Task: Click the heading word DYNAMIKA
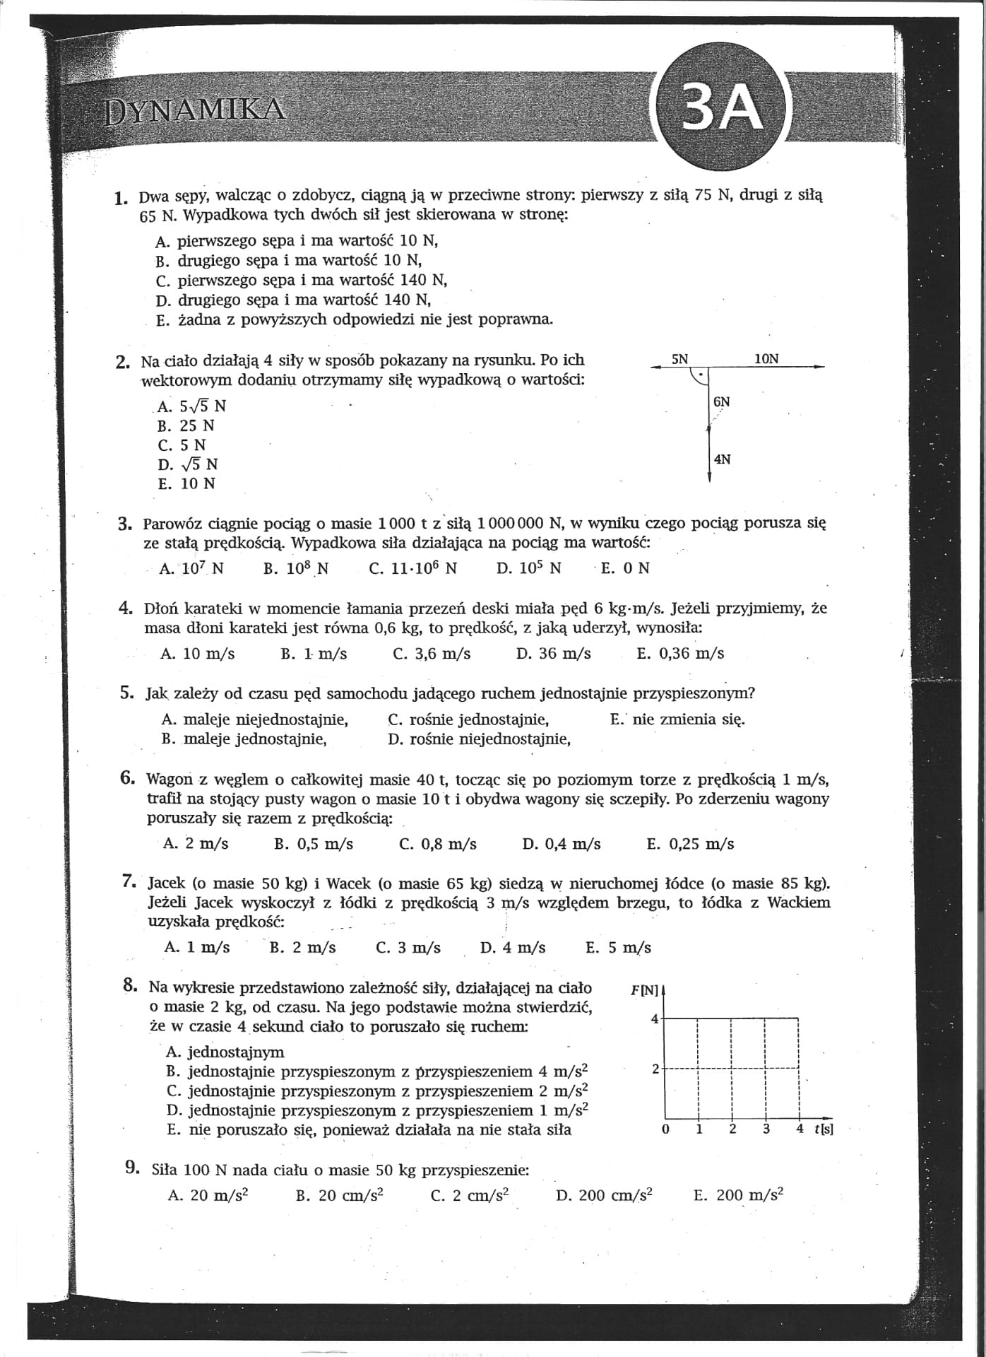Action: [x=195, y=111]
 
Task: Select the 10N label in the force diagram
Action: [x=766, y=359]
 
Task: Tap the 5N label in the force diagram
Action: [x=679, y=359]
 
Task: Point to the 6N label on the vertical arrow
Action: [x=722, y=402]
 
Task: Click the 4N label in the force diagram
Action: [x=723, y=459]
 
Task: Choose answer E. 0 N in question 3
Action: [x=625, y=568]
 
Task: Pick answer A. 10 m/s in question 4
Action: [x=198, y=654]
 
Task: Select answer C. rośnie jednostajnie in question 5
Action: [x=469, y=720]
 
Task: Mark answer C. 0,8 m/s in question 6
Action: [x=438, y=844]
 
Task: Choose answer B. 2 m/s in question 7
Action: [x=303, y=948]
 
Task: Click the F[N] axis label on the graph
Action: [x=644, y=991]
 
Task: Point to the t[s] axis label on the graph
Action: [x=824, y=1129]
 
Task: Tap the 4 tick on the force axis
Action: [x=655, y=1018]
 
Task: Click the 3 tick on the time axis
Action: [x=766, y=1129]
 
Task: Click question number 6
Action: [x=128, y=778]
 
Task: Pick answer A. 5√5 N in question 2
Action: [x=192, y=406]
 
